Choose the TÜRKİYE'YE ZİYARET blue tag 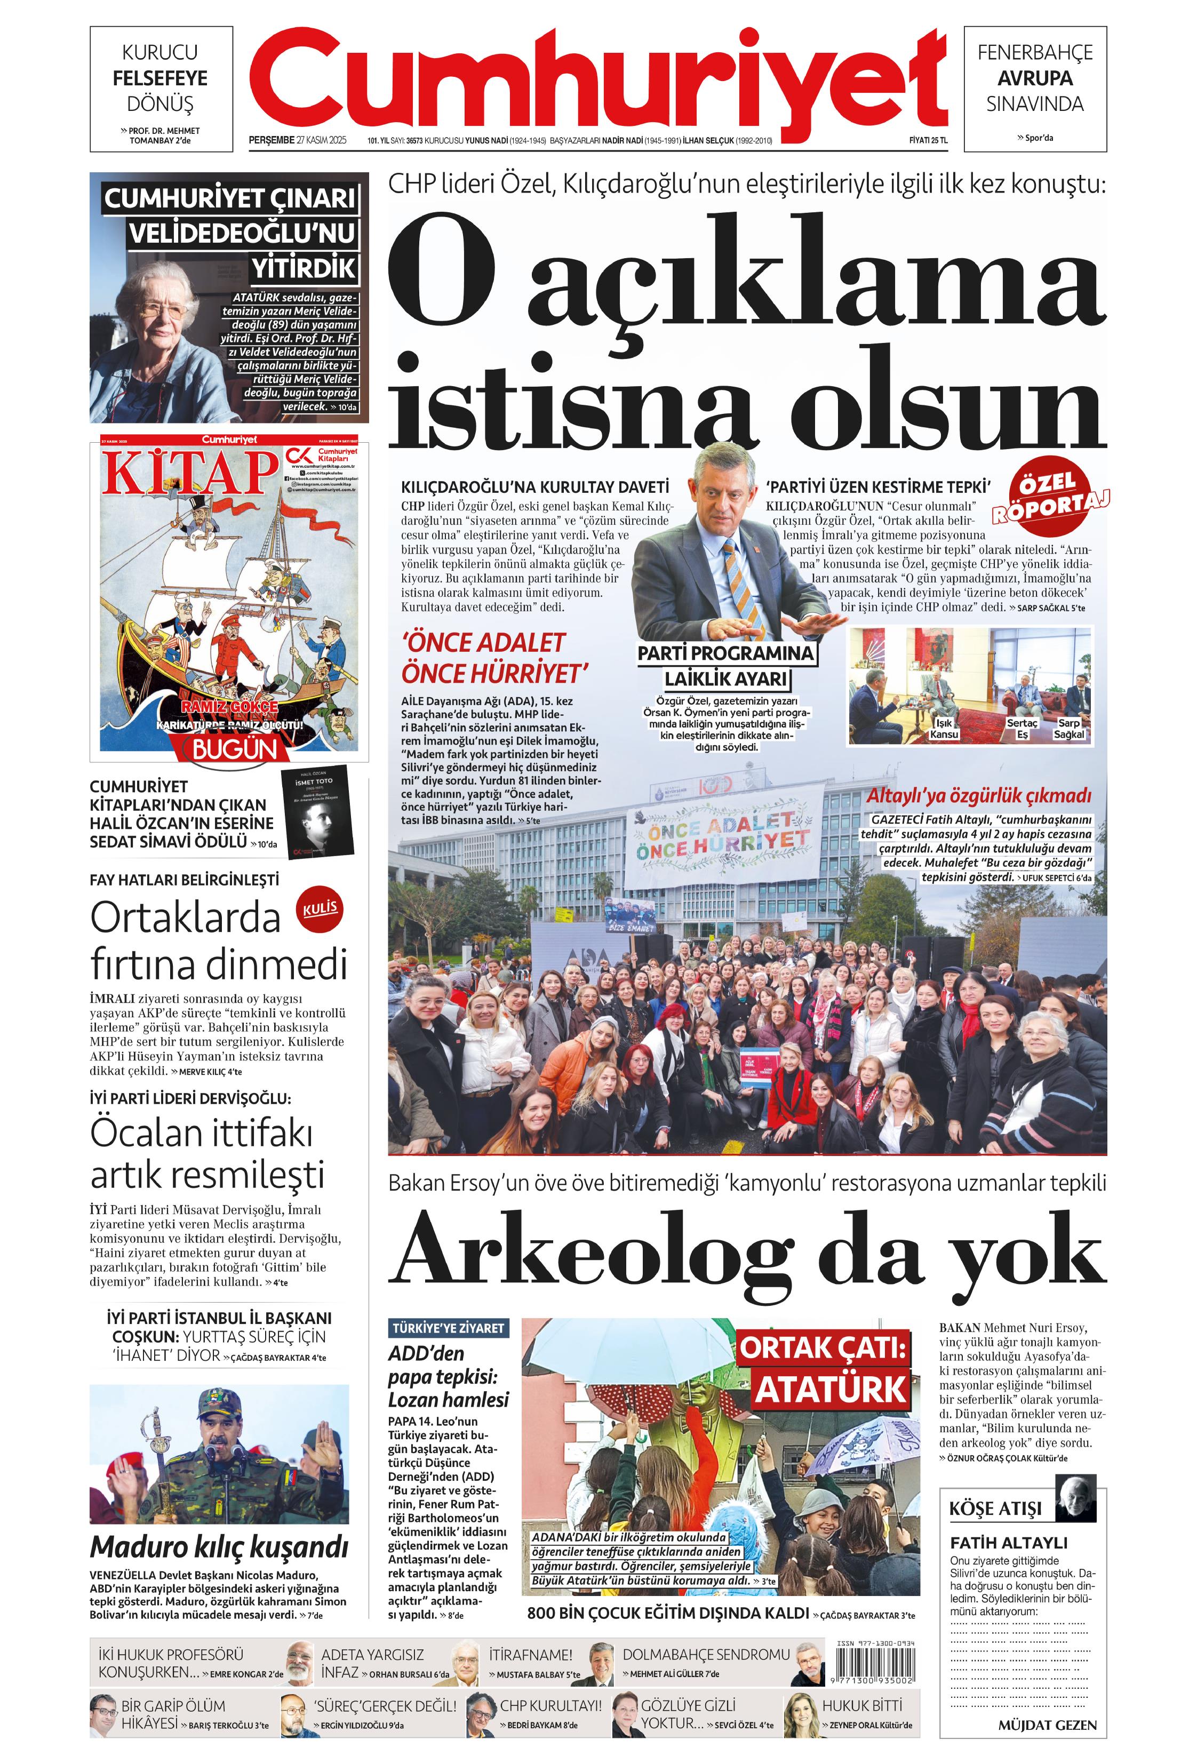click(449, 1328)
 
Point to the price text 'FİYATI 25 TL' click(928, 140)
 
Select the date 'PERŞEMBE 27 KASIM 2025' click(297, 140)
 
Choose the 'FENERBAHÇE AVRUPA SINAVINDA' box click(1034, 78)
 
